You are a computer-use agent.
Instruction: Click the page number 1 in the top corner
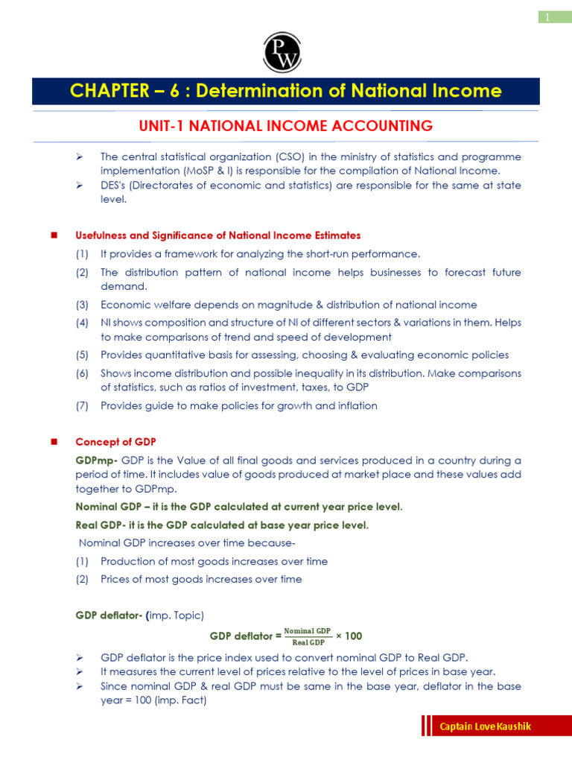click(547, 16)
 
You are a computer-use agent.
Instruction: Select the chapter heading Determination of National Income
click(285, 91)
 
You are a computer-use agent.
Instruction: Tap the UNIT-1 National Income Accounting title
click(286, 126)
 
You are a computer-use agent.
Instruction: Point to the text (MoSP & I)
click(185, 170)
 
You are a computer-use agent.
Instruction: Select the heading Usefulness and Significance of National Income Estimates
click(217, 235)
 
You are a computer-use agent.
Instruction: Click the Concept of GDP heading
click(115, 442)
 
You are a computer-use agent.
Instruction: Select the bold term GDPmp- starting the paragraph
click(97, 460)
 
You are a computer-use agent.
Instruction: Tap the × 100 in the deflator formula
click(349, 636)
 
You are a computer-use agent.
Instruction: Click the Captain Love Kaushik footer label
click(485, 726)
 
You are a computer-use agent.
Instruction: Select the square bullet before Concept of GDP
click(54, 442)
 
